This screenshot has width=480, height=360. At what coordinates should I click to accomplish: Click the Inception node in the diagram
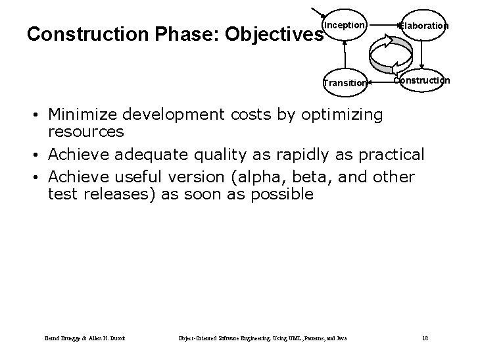(344, 25)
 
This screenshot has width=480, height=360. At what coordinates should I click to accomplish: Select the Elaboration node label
(425, 26)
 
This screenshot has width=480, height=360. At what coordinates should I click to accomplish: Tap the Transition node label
(345, 83)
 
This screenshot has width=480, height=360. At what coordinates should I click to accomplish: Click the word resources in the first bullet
(86, 131)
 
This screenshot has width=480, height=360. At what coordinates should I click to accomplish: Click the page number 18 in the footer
(425, 338)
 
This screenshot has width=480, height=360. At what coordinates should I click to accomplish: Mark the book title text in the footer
(262, 338)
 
